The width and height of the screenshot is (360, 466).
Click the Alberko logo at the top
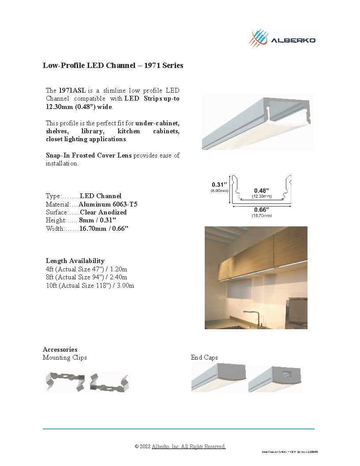[x=282, y=38]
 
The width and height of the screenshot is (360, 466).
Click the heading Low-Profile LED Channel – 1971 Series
[x=113, y=66]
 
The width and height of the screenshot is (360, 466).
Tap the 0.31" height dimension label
[x=219, y=184]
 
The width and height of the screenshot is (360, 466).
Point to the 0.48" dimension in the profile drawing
[x=262, y=190]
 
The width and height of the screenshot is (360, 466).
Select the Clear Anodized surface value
[x=103, y=212]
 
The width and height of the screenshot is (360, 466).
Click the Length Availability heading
[x=75, y=261]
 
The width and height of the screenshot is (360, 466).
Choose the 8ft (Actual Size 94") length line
[x=86, y=277]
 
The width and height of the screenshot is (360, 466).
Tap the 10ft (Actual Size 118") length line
[x=90, y=286]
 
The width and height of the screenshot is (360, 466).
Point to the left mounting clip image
[x=64, y=381]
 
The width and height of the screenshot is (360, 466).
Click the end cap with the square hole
[x=275, y=378]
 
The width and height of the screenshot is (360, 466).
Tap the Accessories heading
[x=60, y=349]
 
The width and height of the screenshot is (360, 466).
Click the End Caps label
[x=204, y=357]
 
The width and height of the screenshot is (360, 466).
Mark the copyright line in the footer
[x=180, y=447]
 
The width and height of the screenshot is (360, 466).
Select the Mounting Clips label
[x=65, y=357]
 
